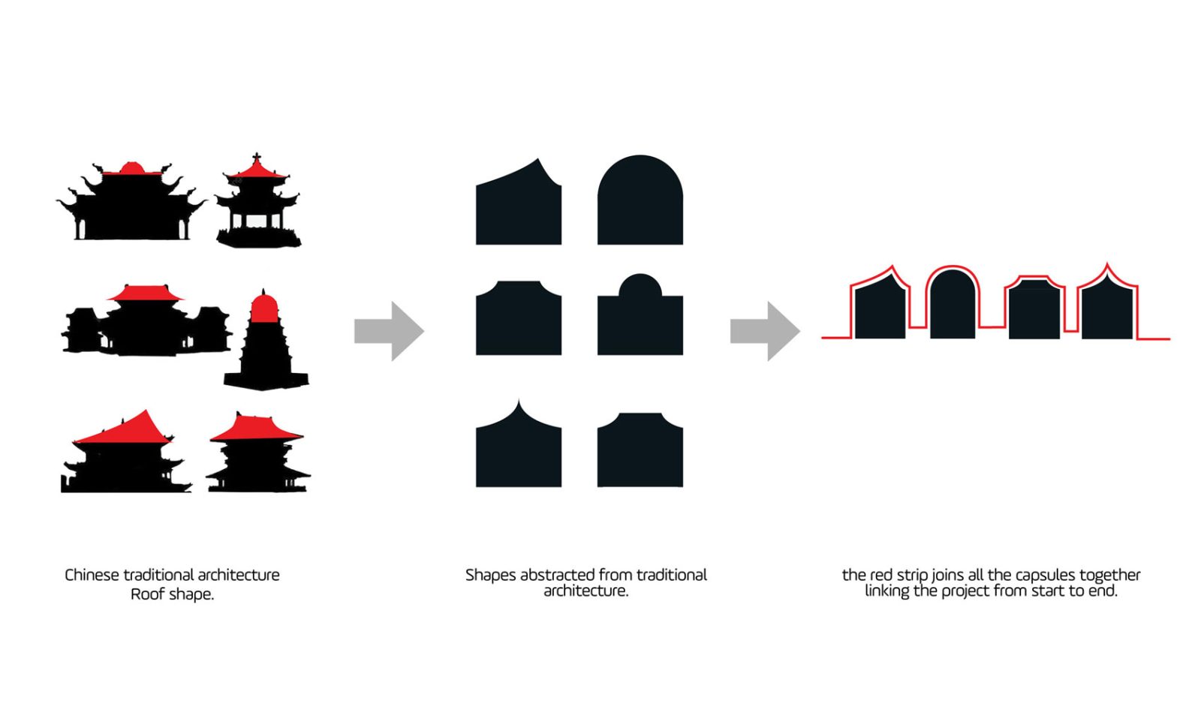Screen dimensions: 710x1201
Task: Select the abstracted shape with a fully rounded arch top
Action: tap(640, 201)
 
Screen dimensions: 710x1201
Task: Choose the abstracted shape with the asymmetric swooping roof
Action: tap(518, 206)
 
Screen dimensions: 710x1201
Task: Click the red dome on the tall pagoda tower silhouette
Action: tap(263, 308)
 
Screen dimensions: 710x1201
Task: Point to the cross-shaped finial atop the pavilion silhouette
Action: tap(257, 158)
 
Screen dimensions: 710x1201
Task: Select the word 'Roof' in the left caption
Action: tap(147, 594)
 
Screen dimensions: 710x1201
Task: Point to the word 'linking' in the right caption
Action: tap(886, 591)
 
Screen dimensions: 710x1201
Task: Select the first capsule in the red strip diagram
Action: tap(879, 308)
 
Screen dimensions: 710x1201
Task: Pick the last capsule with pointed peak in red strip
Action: tap(1107, 309)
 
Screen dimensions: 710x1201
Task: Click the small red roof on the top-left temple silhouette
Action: tap(131, 168)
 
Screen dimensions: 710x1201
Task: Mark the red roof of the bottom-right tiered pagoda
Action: tap(256, 428)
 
